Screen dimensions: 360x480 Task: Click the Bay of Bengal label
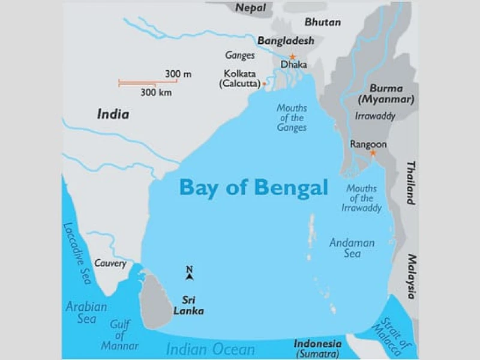click(x=253, y=187)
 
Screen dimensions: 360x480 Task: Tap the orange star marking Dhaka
click(x=292, y=57)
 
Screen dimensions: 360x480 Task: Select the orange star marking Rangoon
click(x=372, y=153)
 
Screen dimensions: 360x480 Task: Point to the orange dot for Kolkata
click(x=264, y=84)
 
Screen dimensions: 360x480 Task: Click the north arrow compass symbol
click(x=189, y=274)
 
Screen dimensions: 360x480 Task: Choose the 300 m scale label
click(x=178, y=74)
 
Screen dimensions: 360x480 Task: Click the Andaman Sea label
click(x=352, y=248)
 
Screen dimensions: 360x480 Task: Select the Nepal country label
click(x=251, y=7)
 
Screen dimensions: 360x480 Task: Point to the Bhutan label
click(x=322, y=22)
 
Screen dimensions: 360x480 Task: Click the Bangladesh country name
click(x=286, y=41)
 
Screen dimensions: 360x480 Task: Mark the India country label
click(x=113, y=114)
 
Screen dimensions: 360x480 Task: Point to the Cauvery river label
click(x=110, y=263)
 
